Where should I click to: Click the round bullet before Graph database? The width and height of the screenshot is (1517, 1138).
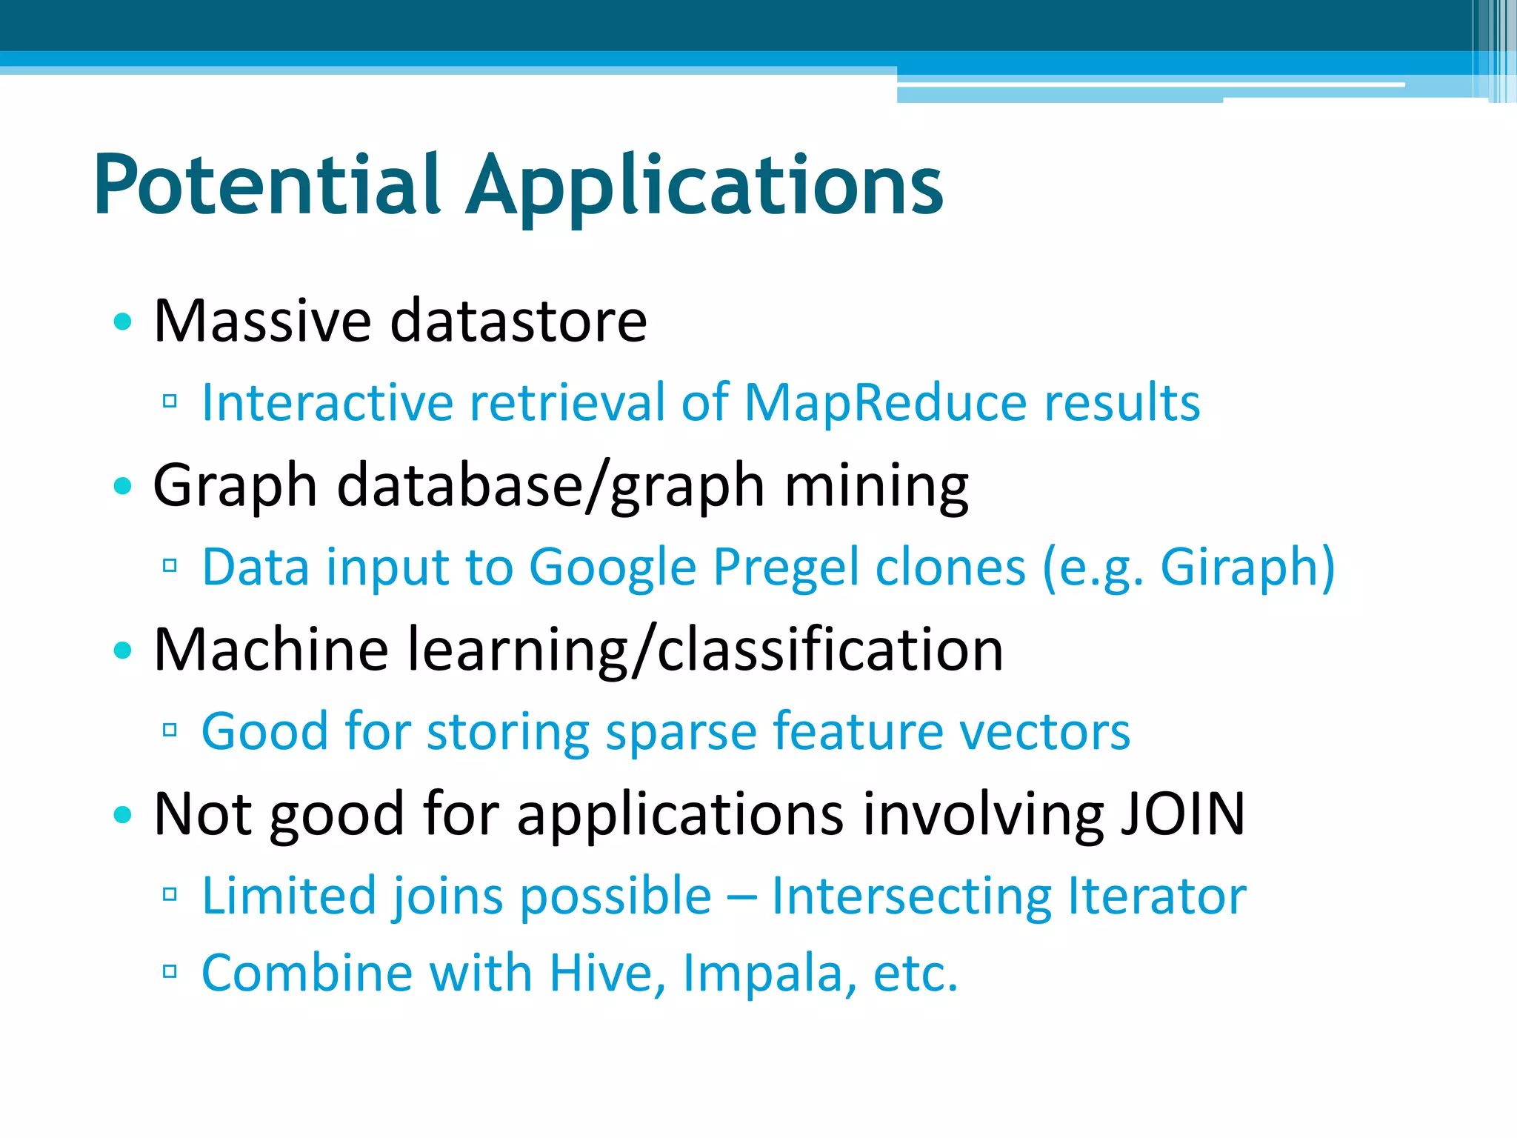(x=123, y=486)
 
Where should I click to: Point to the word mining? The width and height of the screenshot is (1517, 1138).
(x=876, y=486)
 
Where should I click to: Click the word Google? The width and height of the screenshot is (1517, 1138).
(x=613, y=568)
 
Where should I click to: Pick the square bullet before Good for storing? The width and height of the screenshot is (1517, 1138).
(x=170, y=731)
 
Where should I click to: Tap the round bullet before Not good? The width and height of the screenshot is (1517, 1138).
(x=123, y=815)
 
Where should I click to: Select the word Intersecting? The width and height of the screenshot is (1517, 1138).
(x=911, y=896)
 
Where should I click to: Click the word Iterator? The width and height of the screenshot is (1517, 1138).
(x=1157, y=896)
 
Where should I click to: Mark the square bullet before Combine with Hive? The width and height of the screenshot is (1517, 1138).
(x=170, y=971)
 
